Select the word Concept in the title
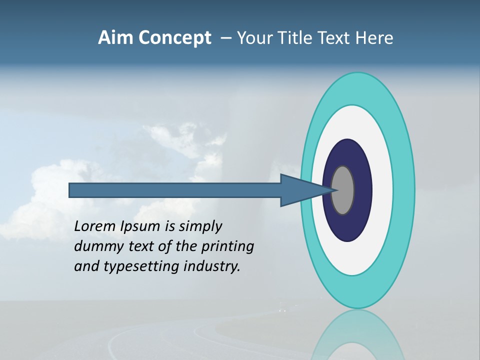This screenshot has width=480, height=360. tap(174, 38)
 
